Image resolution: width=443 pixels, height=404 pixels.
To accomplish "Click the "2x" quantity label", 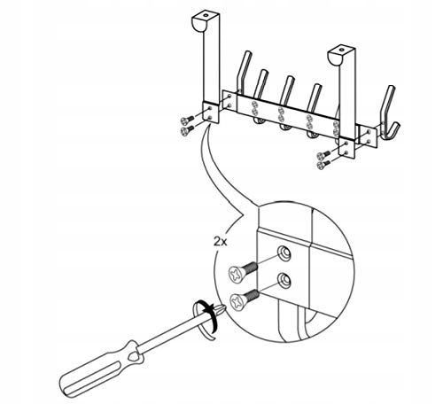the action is coord(220,242).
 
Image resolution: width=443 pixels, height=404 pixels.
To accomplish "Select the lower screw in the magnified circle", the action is coord(245,299).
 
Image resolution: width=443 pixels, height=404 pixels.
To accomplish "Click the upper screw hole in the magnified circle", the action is coord(284,253).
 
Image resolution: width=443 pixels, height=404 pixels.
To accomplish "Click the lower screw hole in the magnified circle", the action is coord(284,280).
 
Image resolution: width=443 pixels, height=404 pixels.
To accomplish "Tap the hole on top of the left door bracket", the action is coord(205,15).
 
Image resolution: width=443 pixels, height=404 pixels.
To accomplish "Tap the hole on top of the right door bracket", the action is coord(341,50).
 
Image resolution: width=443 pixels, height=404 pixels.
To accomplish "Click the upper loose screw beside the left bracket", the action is coord(187,120).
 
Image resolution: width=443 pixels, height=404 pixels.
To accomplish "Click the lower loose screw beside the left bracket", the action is coord(187,130).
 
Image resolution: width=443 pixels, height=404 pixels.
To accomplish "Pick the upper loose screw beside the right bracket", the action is coord(323,155).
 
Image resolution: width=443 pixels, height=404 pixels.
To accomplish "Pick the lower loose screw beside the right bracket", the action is coord(323,165).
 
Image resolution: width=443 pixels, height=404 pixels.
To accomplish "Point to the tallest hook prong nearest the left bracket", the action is coord(244,71).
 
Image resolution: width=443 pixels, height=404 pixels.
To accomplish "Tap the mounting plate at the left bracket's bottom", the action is coord(210,113).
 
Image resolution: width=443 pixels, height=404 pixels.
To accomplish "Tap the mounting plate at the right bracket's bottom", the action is coord(346,148).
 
